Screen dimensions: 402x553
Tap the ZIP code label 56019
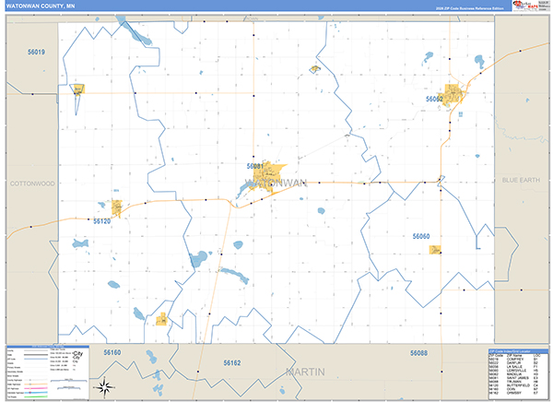[x=36, y=53]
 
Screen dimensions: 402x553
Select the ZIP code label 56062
[x=434, y=99]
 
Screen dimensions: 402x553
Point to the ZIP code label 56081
[x=255, y=166]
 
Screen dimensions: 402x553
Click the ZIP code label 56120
[x=101, y=221]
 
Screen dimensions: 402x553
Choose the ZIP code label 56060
[x=421, y=237]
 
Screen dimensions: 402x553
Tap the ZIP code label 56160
[x=112, y=352]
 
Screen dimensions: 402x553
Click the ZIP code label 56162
[x=231, y=363]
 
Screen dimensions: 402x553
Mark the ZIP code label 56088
[x=419, y=353]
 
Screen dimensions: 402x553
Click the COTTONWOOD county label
[x=32, y=183]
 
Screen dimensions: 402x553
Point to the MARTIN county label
[x=306, y=372]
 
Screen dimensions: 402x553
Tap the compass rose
[x=106, y=386]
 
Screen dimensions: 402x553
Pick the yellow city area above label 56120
[x=117, y=208]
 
